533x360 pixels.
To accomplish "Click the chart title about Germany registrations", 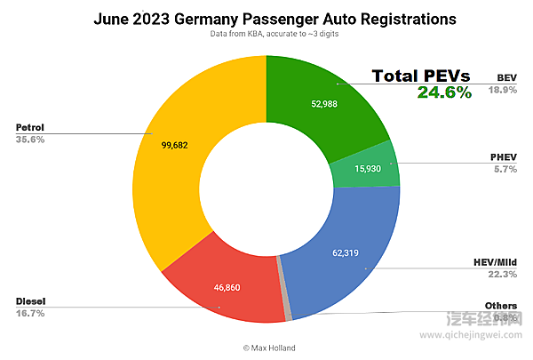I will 266,18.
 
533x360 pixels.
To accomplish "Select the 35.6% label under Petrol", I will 29,140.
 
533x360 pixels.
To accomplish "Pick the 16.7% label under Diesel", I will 29,314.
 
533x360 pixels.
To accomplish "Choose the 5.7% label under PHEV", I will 505,170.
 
